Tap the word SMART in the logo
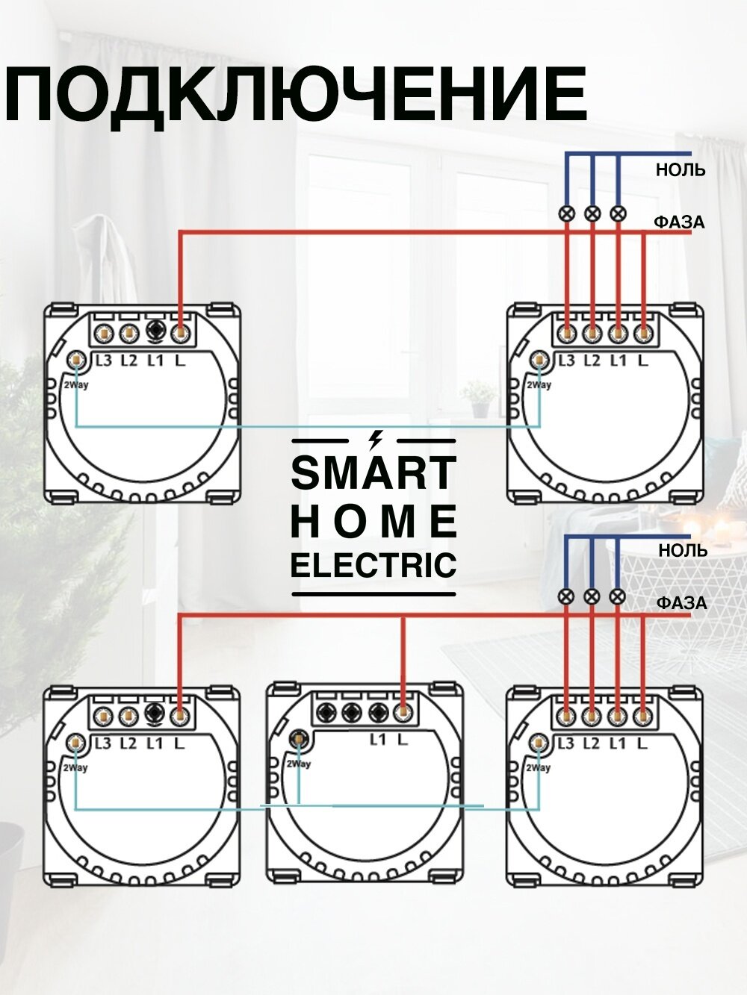pyautogui.click(x=373, y=473)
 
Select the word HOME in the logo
pyautogui.click(x=373, y=521)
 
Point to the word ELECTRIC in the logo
pyautogui.click(x=373, y=565)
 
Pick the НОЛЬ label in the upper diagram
pyautogui.click(x=681, y=170)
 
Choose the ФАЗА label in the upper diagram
pyautogui.click(x=679, y=222)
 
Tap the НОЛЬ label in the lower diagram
pyautogui.click(x=682, y=551)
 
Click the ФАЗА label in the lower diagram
pyautogui.click(x=681, y=603)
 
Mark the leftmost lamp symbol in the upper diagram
pyautogui.click(x=567, y=214)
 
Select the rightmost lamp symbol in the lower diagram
pyautogui.click(x=617, y=596)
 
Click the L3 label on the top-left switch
pyautogui.click(x=103, y=361)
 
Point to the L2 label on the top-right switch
pyautogui.click(x=592, y=361)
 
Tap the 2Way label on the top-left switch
pyautogui.click(x=75, y=385)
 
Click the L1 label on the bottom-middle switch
pyautogui.click(x=378, y=740)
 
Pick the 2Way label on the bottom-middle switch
pyautogui.click(x=297, y=764)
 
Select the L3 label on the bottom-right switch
pyautogui.click(x=566, y=743)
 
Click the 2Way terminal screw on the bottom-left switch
pyautogui.click(x=75, y=743)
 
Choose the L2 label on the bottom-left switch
pyautogui.click(x=128, y=743)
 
